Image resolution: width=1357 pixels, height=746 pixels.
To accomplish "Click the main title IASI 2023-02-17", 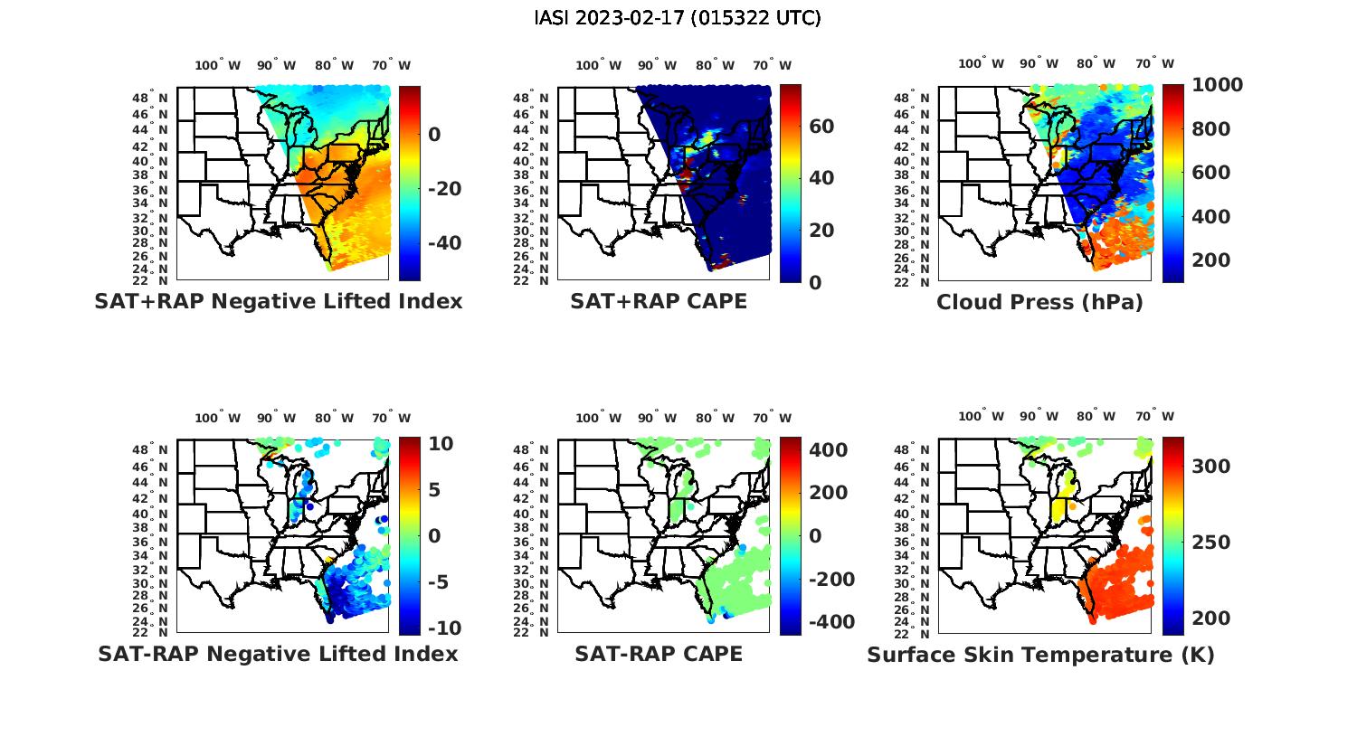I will [x=678, y=18].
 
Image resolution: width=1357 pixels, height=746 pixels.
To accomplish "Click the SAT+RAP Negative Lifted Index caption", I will [x=279, y=301].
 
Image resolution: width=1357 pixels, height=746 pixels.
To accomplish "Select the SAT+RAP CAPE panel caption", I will [x=659, y=301].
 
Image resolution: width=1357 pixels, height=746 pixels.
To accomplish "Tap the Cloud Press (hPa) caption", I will [x=1039, y=302].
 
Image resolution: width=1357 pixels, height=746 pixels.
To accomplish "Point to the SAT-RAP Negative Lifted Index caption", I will [x=279, y=654].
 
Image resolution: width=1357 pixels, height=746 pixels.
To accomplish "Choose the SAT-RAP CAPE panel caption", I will [x=659, y=654].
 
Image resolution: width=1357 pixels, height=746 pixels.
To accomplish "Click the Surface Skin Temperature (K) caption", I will [x=1040, y=655].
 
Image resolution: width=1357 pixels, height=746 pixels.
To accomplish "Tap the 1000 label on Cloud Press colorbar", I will [x=1217, y=85].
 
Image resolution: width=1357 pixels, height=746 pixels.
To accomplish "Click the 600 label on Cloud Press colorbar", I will [x=1211, y=173].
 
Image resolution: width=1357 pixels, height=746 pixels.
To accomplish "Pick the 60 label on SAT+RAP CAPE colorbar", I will [x=821, y=126].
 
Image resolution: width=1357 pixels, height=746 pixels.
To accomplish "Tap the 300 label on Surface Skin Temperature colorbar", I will [x=1211, y=466].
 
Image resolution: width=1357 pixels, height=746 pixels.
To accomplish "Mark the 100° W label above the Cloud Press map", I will [x=981, y=64].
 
